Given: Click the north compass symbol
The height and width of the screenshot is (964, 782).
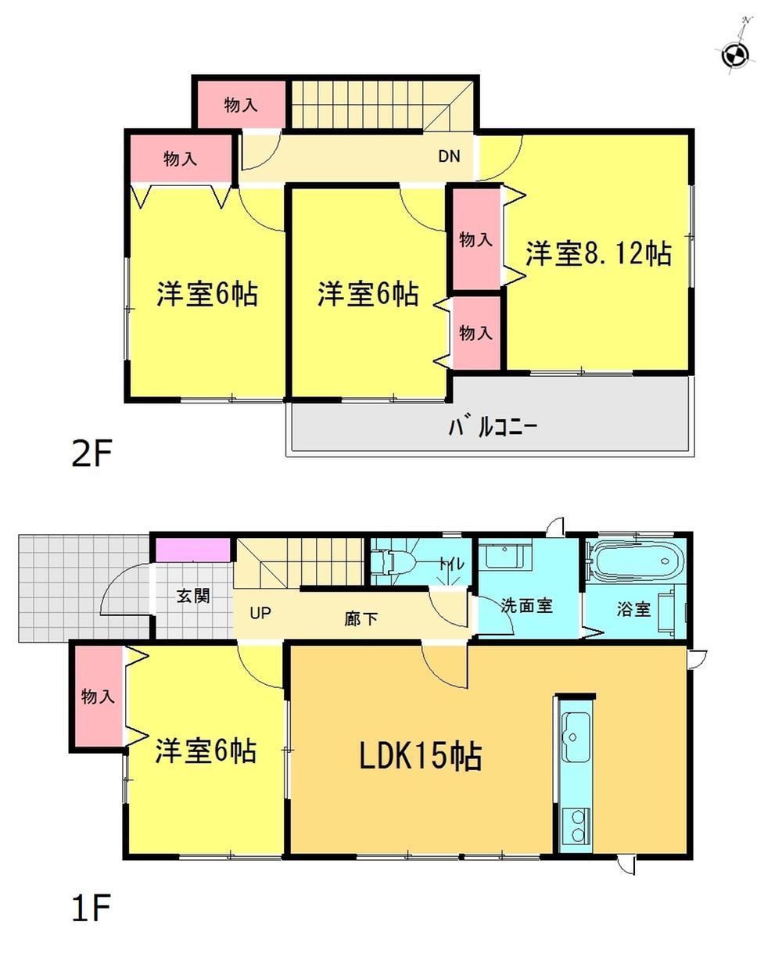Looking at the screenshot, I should pos(735,54).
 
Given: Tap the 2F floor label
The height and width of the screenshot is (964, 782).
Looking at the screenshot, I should pos(91,453).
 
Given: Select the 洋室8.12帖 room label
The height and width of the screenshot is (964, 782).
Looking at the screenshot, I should pos(598,253).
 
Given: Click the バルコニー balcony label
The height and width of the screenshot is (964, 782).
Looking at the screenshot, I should pos(492,427).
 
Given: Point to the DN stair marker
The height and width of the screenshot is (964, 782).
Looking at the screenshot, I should pos(449,156).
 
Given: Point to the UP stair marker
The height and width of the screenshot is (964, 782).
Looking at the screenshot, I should pos(260,613).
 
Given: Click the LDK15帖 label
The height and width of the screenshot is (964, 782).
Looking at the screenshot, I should pos(420,756).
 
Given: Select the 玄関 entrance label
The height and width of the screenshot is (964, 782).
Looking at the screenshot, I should pos(192,596).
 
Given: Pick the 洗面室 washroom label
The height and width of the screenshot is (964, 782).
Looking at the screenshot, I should pos(526,605).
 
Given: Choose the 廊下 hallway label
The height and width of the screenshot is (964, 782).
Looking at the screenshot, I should pos(361,618).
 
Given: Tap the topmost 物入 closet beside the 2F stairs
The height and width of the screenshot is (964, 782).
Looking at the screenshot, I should pos(240,104).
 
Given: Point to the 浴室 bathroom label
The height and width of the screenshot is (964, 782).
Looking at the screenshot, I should pos(633,608).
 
